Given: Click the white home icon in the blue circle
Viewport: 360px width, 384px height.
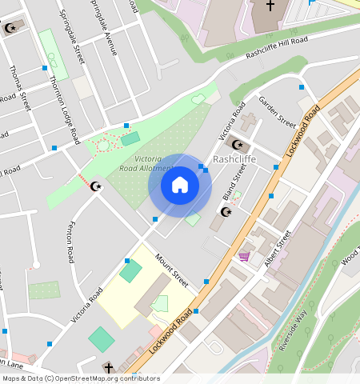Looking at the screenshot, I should [x=180, y=185].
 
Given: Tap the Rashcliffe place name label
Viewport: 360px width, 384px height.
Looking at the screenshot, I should [x=234, y=159].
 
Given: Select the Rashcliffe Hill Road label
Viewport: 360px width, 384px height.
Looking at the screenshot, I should [x=277, y=47].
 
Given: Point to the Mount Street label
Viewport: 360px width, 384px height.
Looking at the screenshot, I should [x=171, y=272].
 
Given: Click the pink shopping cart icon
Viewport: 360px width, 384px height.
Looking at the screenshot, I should [x=244, y=256].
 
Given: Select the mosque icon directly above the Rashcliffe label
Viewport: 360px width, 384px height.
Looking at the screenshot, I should [x=236, y=144].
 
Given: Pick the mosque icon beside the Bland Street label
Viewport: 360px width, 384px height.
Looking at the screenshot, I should [x=226, y=212].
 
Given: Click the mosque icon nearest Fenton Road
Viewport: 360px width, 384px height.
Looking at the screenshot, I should [x=97, y=186].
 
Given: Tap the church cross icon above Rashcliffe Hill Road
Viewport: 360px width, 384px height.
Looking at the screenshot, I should [x=270, y=6].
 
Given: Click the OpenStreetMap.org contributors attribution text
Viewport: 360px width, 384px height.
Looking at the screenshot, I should [x=107, y=378].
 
